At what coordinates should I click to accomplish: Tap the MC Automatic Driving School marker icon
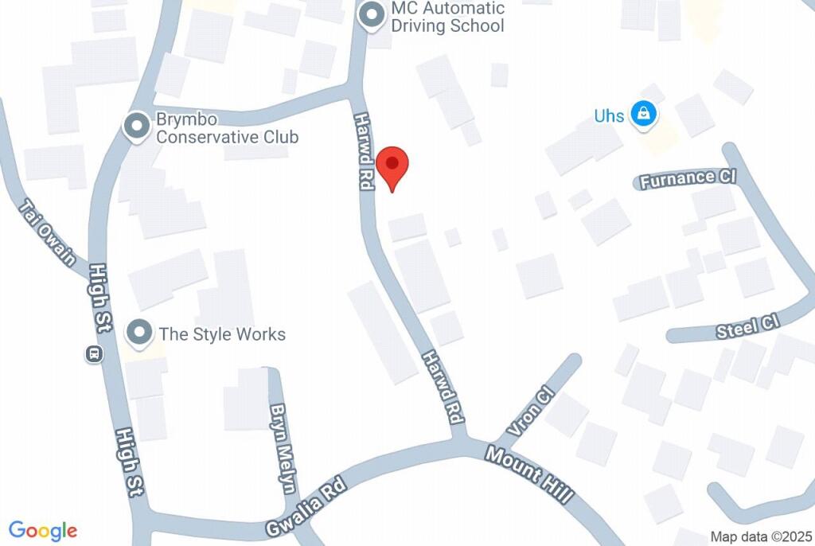click(x=371, y=15)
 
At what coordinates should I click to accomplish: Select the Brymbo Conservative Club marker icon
click(x=137, y=125)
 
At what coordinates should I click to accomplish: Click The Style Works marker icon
click(x=141, y=333)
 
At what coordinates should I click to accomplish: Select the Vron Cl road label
click(x=529, y=411)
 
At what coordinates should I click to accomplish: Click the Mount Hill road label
click(x=528, y=474)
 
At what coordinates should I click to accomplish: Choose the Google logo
click(x=43, y=531)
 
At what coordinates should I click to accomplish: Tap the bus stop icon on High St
click(x=94, y=353)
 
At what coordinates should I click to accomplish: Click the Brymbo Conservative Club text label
click(x=227, y=127)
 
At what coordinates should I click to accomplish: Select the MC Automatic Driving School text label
click(x=447, y=17)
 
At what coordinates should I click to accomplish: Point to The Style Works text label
click(x=222, y=333)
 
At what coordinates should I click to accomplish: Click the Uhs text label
click(x=609, y=116)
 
